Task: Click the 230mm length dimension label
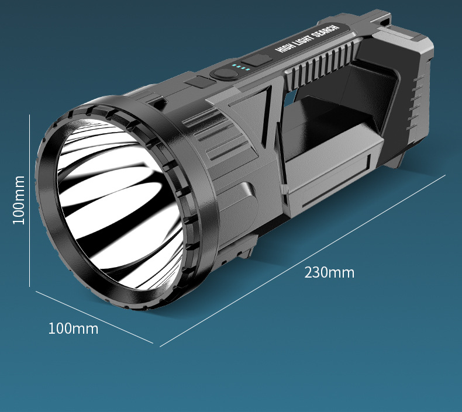pos(329,272)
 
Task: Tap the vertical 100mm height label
pos(19,200)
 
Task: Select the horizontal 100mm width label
pos(73,328)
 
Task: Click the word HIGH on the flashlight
pos(285,47)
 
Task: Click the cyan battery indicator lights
pos(241,68)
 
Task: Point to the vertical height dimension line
pos(29,200)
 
